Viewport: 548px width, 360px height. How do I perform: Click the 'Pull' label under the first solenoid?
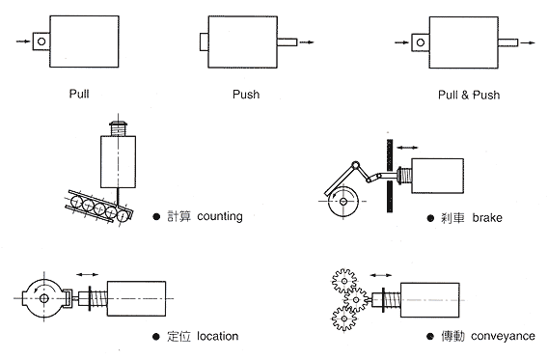(79, 94)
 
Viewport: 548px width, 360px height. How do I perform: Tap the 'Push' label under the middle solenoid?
(246, 95)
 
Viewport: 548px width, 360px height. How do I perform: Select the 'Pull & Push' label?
(469, 95)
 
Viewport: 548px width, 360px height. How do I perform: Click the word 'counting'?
(220, 216)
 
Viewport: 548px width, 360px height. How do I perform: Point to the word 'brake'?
(487, 218)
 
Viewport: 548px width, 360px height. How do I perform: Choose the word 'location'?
(218, 336)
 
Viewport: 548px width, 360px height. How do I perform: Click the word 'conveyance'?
(503, 336)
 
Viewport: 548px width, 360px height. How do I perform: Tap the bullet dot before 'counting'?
(156, 217)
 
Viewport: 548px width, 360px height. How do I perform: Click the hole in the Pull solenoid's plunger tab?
(41, 42)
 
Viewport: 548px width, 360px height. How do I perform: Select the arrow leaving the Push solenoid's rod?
(307, 42)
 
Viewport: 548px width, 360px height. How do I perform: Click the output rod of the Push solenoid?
(287, 42)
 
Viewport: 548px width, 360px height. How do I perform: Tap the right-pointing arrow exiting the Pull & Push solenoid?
(528, 43)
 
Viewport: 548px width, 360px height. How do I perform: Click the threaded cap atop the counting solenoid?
(118, 128)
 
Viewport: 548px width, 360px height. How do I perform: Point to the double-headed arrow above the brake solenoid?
(407, 148)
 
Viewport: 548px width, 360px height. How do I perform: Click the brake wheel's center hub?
(343, 202)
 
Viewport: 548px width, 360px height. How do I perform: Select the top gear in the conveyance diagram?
(344, 282)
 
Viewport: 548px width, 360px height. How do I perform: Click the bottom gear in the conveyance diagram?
(344, 318)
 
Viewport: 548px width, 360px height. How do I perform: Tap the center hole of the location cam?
(44, 298)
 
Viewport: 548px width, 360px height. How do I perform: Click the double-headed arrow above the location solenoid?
(88, 275)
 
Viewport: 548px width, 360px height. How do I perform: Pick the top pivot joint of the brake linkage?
(355, 165)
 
